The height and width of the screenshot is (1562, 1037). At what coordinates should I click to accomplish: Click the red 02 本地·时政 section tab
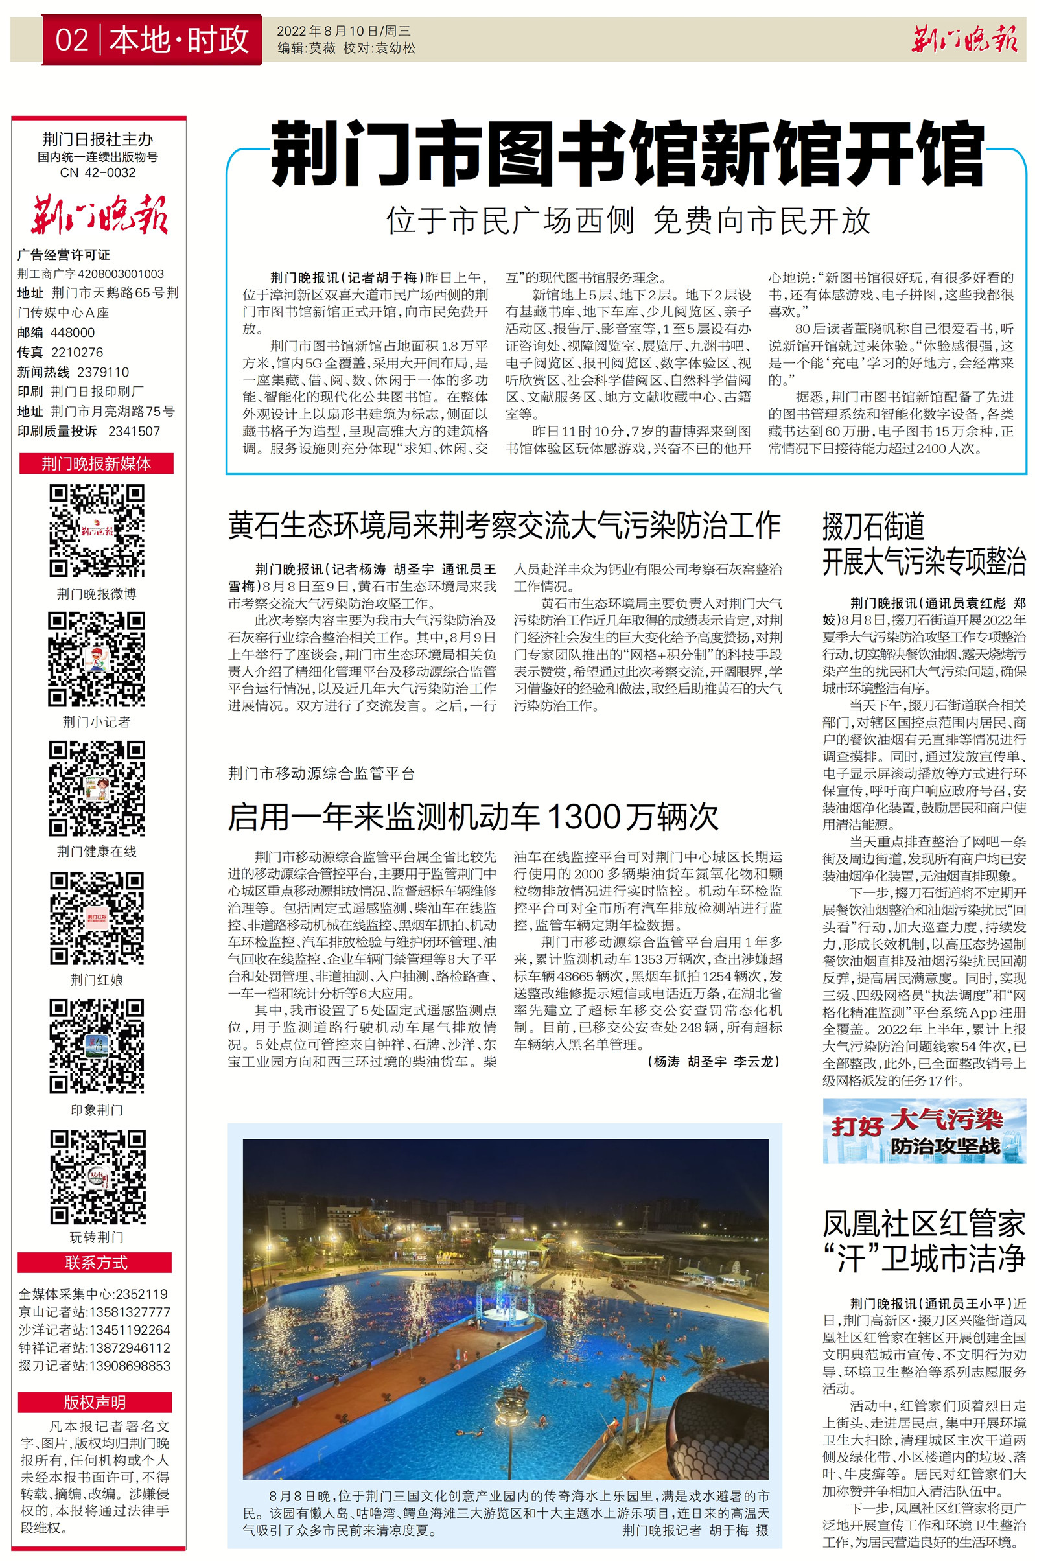tap(152, 40)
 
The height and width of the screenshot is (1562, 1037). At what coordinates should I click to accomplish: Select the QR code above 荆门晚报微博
tap(97, 530)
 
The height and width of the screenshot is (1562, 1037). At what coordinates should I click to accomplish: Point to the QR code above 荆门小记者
tap(97, 659)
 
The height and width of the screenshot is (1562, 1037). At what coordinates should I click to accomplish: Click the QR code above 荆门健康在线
tap(97, 788)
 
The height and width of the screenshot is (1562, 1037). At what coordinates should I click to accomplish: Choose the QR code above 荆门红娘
tap(97, 918)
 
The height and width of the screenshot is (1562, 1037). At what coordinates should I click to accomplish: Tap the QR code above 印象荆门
tap(97, 1046)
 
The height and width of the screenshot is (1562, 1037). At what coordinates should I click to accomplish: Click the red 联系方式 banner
tap(95, 1263)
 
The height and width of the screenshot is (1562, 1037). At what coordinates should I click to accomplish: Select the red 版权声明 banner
tap(95, 1402)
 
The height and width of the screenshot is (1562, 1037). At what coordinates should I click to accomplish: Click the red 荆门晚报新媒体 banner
tap(97, 463)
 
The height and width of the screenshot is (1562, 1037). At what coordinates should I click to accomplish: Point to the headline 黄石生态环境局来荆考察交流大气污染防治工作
tap(504, 526)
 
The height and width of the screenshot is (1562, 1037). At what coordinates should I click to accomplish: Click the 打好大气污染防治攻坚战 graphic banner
tap(924, 1131)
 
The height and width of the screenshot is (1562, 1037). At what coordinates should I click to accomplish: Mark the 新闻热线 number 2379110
tap(103, 372)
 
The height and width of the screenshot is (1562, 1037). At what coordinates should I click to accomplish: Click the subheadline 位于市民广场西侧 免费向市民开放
tap(628, 221)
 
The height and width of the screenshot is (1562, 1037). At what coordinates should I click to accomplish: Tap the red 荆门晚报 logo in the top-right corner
tap(964, 40)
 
